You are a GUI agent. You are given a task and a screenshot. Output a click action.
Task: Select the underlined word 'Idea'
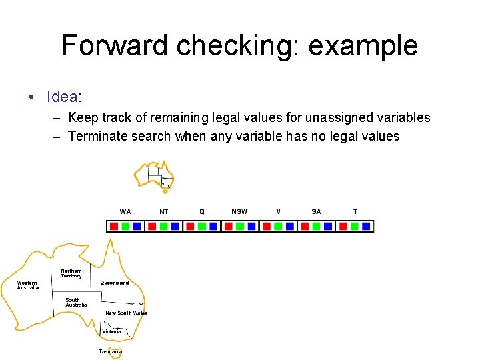click(x=63, y=97)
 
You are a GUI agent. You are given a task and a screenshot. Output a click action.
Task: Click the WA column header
click(x=125, y=211)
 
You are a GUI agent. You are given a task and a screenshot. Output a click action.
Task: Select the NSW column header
click(x=239, y=211)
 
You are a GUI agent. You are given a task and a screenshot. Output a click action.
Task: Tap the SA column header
click(x=316, y=211)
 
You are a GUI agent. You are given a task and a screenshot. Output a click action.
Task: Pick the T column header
click(x=355, y=211)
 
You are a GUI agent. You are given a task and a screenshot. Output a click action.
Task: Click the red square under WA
click(x=114, y=226)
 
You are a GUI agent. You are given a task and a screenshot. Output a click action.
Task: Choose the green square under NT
click(x=163, y=226)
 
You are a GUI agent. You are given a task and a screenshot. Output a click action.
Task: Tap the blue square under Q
click(x=213, y=226)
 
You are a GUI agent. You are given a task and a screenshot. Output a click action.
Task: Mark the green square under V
click(x=278, y=226)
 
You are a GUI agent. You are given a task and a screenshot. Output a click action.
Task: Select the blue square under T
click(x=366, y=226)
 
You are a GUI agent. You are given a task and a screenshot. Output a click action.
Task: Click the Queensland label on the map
click(x=115, y=283)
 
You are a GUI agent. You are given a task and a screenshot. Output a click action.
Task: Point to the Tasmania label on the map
click(x=110, y=351)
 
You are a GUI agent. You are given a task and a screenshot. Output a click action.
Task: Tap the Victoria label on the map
click(x=111, y=331)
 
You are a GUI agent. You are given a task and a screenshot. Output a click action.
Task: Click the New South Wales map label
click(x=126, y=313)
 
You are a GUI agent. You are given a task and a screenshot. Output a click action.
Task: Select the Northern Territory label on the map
click(x=71, y=273)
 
